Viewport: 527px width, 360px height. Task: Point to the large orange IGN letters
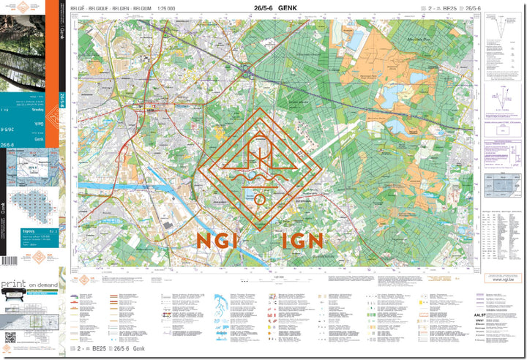click(x=299, y=240)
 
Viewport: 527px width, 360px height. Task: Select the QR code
click(x=10, y=337)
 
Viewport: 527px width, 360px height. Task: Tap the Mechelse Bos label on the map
click(x=417, y=39)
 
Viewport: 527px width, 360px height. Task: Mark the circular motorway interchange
click(x=247, y=70)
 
